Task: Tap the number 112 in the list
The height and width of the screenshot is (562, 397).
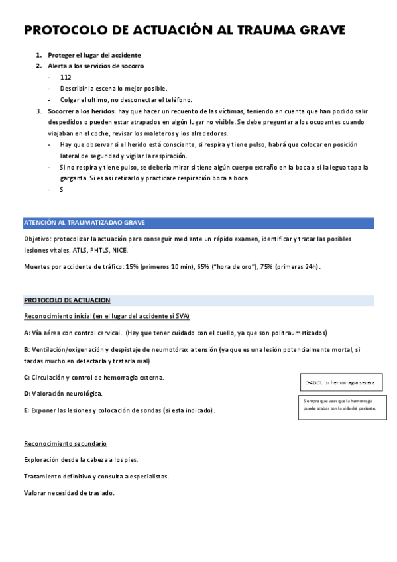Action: coord(66,78)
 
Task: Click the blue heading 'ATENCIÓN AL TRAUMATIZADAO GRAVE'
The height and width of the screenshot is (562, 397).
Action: coord(84,222)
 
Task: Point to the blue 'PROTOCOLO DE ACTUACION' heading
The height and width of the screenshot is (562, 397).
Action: coord(67,300)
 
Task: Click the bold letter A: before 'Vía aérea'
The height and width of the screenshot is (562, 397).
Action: coord(27,332)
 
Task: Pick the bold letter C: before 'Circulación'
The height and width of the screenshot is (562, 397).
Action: coord(27,377)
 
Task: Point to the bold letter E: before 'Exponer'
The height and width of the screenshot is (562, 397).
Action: coord(27,410)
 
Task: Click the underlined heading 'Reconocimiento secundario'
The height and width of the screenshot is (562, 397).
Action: coord(65,443)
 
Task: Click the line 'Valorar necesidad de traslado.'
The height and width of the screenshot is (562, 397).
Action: coord(69,492)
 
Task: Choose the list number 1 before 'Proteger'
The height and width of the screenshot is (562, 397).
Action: coord(38,55)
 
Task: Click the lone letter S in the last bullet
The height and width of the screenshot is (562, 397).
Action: coord(61,189)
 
